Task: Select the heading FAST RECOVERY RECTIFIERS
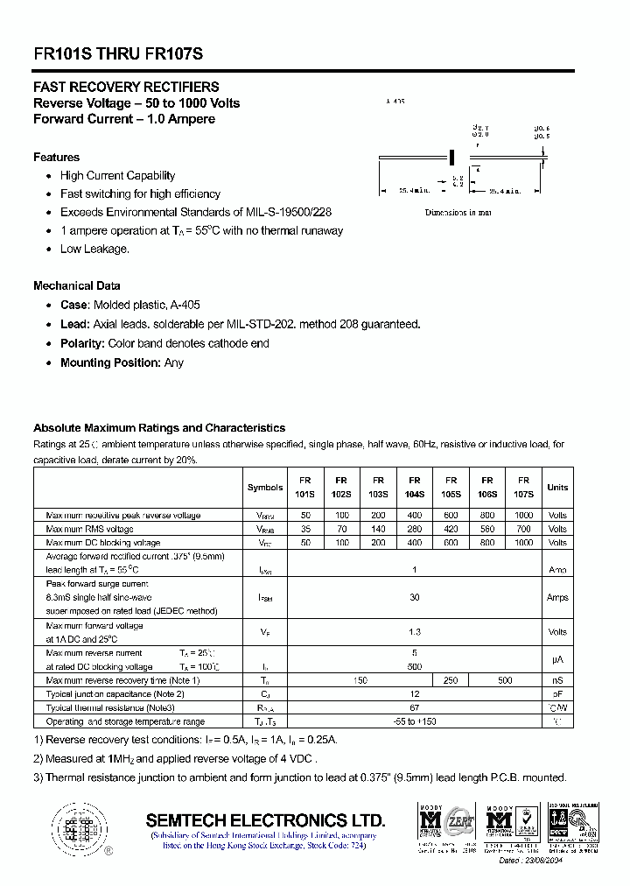tap(126, 87)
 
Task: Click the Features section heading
tap(56, 157)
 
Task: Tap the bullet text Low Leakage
tap(94, 249)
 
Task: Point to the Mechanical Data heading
tap(77, 285)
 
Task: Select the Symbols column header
tap(265, 488)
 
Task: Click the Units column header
tap(557, 488)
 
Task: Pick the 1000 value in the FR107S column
tap(524, 543)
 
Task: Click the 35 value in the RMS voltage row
tap(305, 529)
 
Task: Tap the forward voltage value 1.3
tap(415, 631)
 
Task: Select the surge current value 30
tap(415, 597)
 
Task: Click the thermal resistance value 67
tap(415, 707)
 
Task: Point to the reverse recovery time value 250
tap(451, 680)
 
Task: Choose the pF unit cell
tap(557, 693)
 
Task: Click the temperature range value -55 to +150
tap(415, 721)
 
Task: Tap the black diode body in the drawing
tap(452, 157)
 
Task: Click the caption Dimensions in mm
tap(458, 213)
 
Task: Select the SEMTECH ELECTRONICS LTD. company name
tap(265, 820)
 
